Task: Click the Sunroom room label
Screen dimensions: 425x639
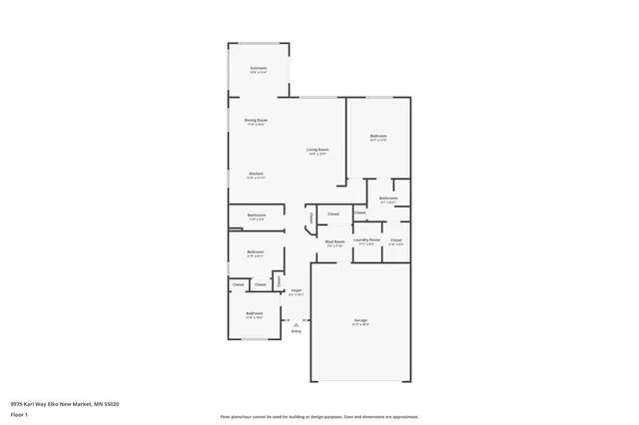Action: click(259, 68)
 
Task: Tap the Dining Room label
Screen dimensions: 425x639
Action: click(256, 120)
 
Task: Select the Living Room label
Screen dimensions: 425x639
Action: click(318, 150)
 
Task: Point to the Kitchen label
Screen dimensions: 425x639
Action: click(256, 174)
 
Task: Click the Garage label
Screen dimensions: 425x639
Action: click(359, 320)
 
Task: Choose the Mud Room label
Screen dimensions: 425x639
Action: click(334, 240)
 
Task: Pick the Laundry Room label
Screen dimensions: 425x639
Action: click(366, 239)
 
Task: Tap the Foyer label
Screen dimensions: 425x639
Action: click(296, 290)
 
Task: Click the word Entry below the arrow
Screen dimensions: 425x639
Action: click(296, 331)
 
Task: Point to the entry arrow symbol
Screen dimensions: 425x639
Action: click(296, 322)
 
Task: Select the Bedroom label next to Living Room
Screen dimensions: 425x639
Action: click(378, 136)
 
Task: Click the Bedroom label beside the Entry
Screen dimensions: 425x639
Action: click(255, 313)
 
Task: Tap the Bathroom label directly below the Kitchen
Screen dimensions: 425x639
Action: click(257, 215)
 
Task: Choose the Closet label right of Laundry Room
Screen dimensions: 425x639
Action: click(396, 240)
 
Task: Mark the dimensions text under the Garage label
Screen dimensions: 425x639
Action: click(359, 324)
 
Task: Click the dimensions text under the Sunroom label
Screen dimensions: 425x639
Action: click(259, 73)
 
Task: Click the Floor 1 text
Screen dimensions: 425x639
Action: click(20, 413)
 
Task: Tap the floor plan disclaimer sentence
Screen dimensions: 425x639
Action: click(319, 416)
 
